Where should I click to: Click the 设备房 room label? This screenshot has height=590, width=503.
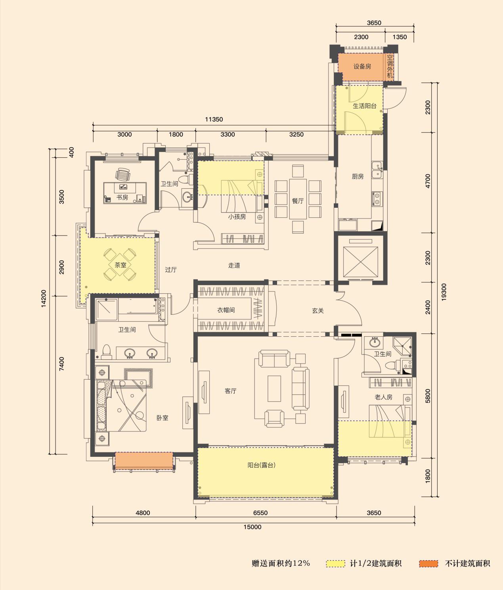tap(362, 67)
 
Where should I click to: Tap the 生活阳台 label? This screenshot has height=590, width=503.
tap(364, 106)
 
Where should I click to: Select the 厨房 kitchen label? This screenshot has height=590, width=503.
tap(358, 176)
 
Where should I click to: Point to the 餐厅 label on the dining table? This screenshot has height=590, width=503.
tap(298, 201)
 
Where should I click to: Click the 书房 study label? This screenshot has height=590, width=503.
tap(122, 197)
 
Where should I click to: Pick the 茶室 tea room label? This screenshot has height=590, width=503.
tap(120, 265)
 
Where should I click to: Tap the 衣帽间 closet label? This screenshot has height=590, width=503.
tap(226, 310)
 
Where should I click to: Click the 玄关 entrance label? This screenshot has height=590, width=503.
tap(318, 310)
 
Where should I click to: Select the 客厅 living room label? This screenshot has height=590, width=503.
tap(230, 391)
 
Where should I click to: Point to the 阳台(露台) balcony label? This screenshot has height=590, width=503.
tap(261, 465)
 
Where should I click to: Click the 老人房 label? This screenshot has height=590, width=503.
tap(383, 397)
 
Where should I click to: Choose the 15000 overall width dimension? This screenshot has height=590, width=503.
tap(252, 527)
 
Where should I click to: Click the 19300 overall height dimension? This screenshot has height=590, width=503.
tap(444, 292)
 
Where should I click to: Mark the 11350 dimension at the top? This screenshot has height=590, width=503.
tap(214, 119)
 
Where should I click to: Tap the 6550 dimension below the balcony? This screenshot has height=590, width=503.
tap(260, 513)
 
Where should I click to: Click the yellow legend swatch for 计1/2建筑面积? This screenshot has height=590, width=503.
tap(335, 563)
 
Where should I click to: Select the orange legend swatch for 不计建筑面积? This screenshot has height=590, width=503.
tap(428, 563)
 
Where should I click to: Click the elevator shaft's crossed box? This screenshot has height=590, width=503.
tap(361, 262)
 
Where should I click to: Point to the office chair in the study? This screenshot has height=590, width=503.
tap(123, 174)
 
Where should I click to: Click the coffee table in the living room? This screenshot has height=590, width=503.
tap(274, 389)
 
